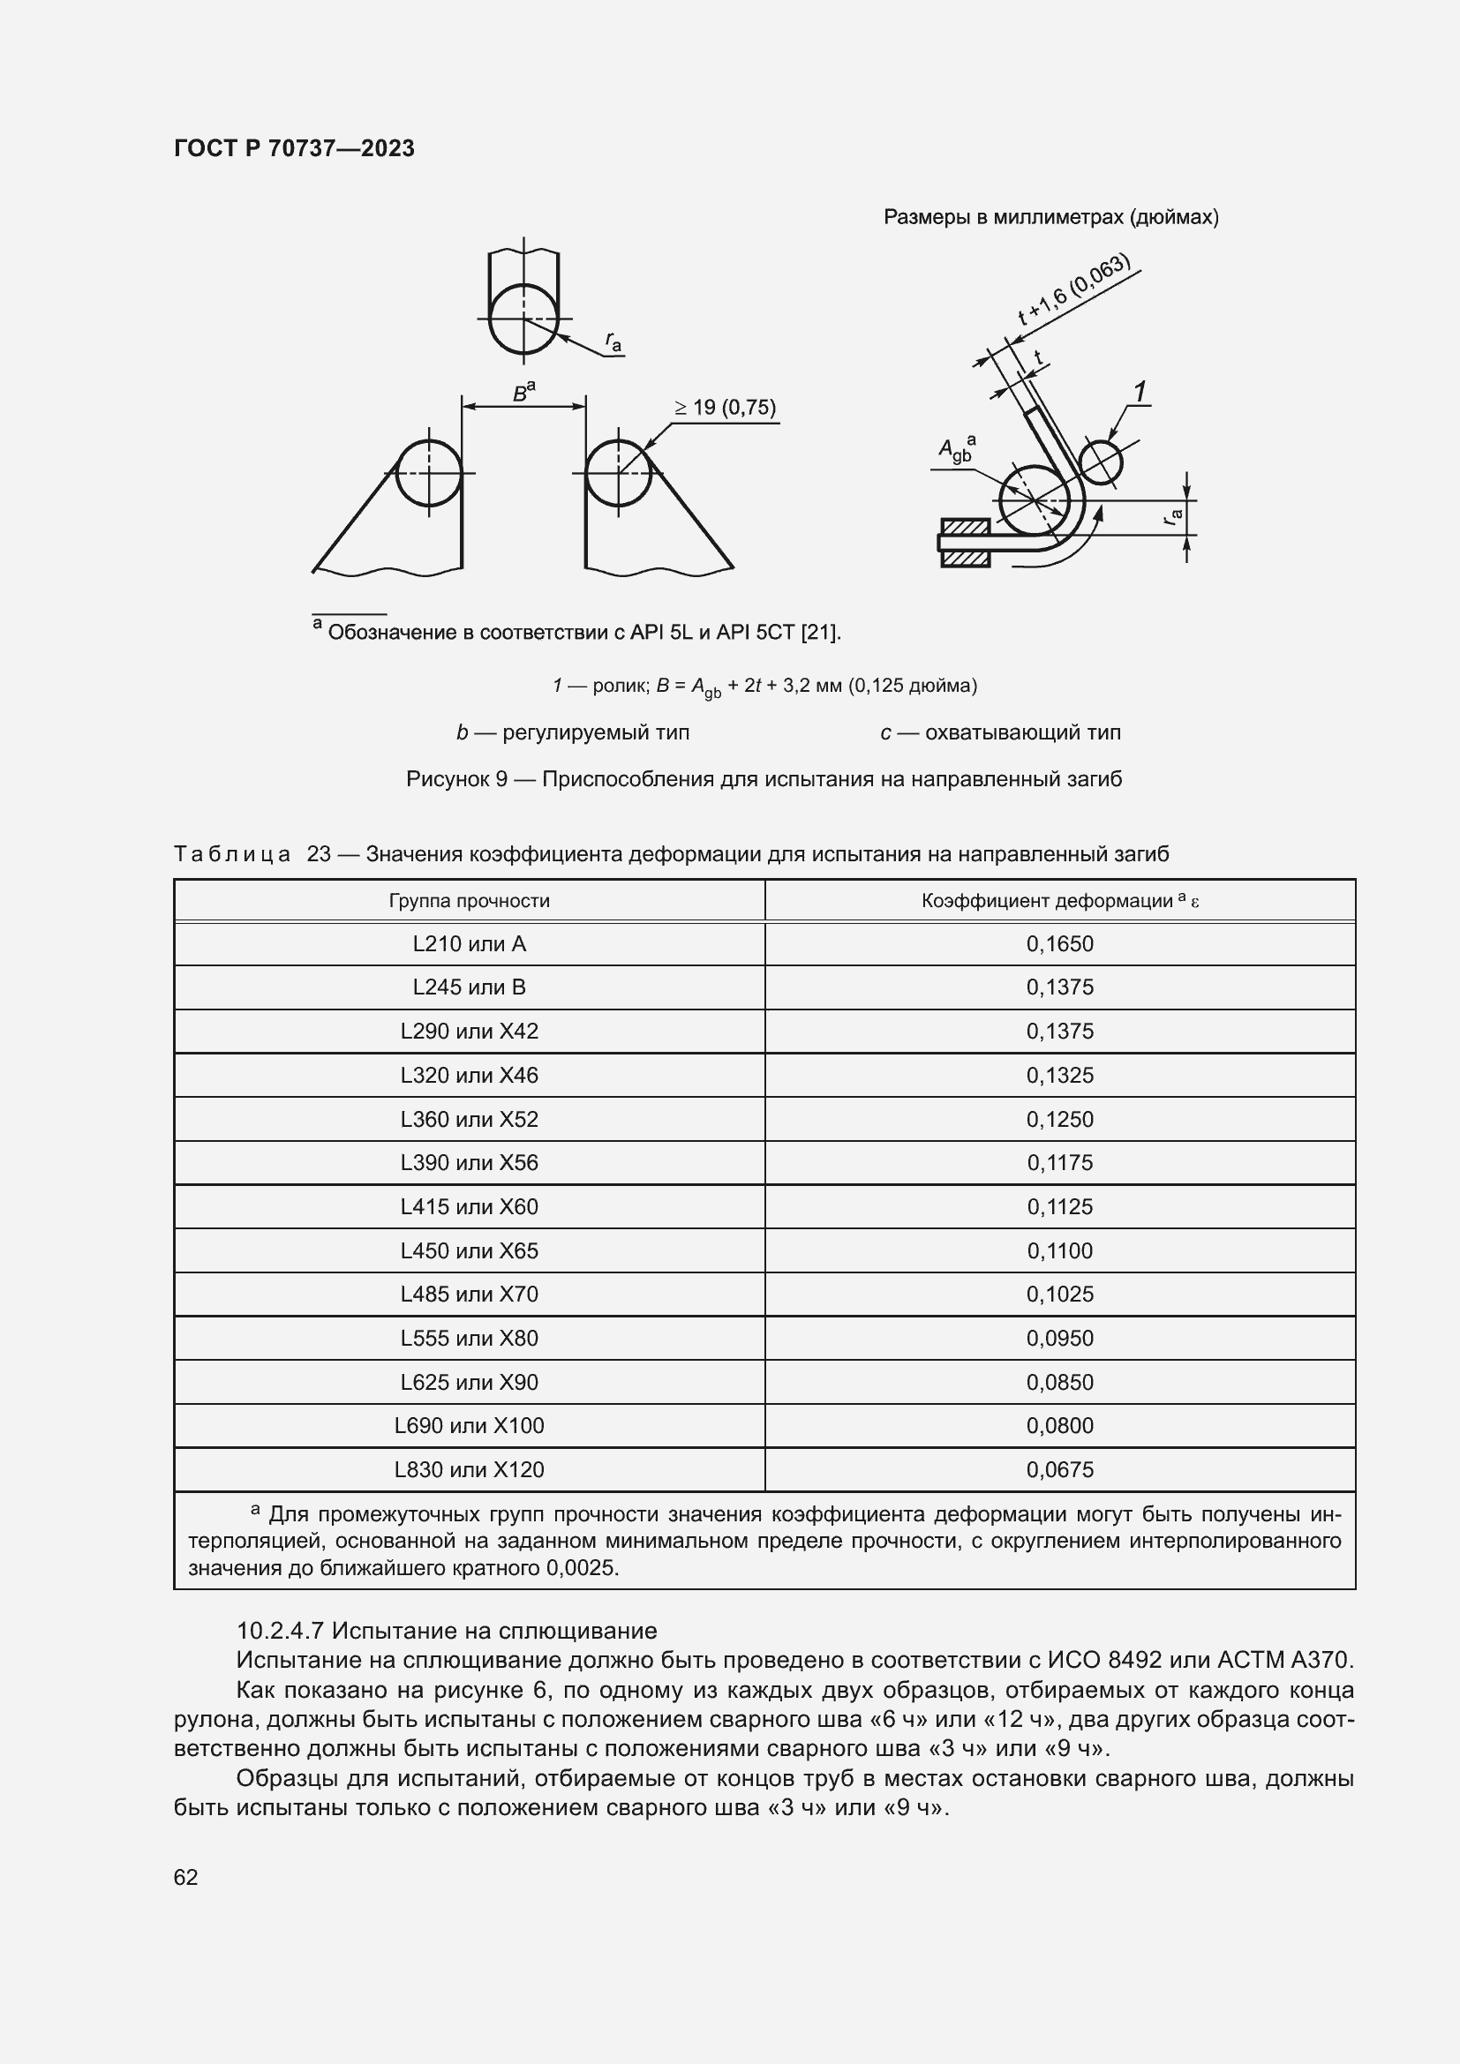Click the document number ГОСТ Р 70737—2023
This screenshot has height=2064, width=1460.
(x=294, y=148)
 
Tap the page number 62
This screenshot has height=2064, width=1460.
(x=186, y=1877)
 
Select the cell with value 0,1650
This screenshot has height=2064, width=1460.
(x=1059, y=944)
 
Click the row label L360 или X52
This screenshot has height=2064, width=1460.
(x=469, y=1119)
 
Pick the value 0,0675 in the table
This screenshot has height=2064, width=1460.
(x=1059, y=1470)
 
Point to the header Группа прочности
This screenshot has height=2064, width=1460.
(x=469, y=901)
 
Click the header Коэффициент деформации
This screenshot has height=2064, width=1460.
(x=1048, y=901)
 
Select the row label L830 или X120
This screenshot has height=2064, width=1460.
(x=469, y=1470)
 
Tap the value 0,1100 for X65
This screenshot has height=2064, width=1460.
(x=1059, y=1250)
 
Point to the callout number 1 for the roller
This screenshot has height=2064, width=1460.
(x=1139, y=392)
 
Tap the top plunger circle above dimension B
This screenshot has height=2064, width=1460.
(x=523, y=319)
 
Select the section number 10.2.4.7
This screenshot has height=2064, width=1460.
(x=281, y=1631)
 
